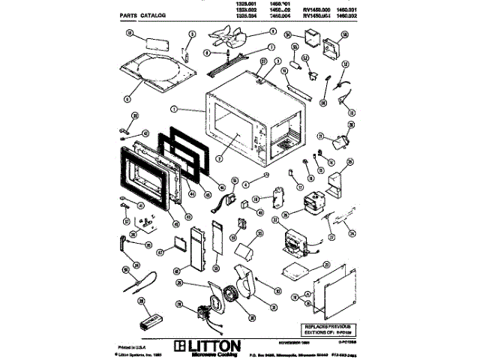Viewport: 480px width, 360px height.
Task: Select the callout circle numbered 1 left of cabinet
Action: (174, 109)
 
